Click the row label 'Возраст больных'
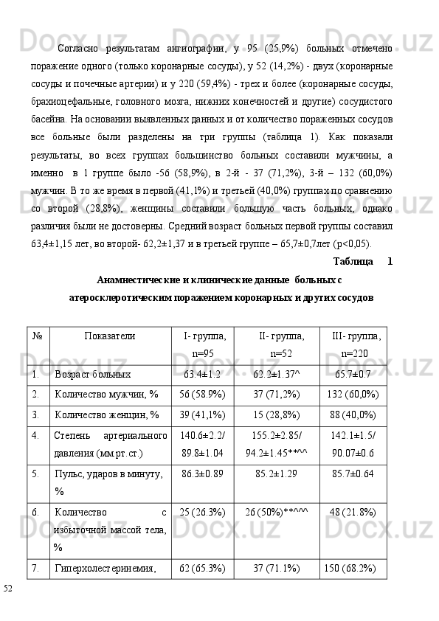(93, 375)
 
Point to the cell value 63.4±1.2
(202, 375)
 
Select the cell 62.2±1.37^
(277, 375)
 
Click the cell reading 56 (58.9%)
(202, 395)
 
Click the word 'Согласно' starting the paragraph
(80, 49)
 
